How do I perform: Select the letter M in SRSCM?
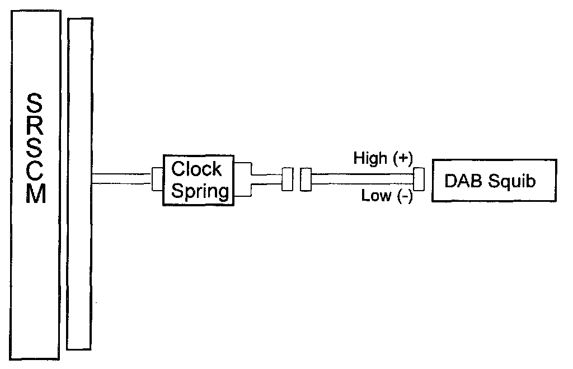tap(35, 193)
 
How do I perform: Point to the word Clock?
tap(196, 169)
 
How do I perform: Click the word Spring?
tap(200, 191)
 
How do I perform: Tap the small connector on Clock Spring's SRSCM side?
tap(157, 179)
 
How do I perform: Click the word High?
tap(370, 159)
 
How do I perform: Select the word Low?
tap(374, 196)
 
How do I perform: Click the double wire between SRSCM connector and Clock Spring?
tap(122, 179)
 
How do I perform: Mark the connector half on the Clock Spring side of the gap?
tap(288, 179)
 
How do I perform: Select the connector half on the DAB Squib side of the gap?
tap(306, 179)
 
